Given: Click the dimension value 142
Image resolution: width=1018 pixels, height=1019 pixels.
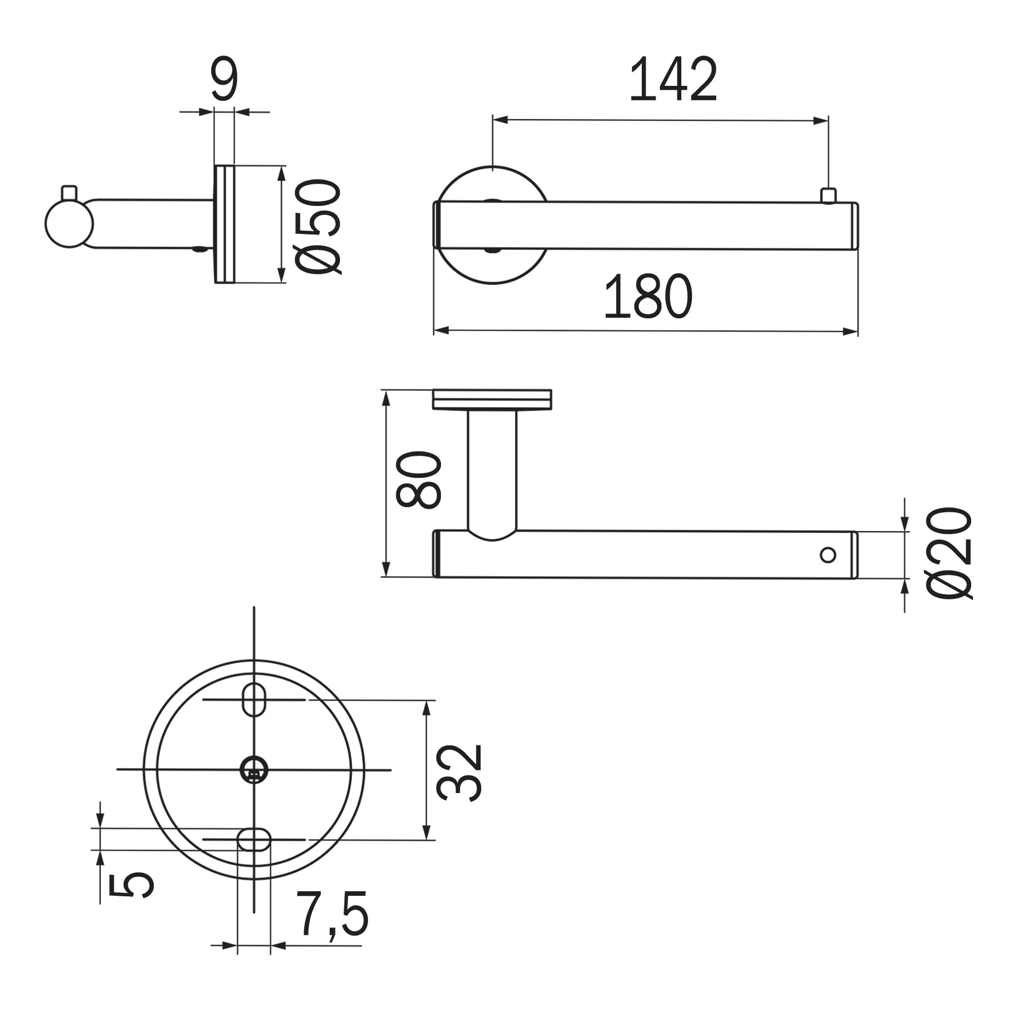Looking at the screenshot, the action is pos(673,79).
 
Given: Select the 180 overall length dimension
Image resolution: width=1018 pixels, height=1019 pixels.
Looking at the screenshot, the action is pos(648,296).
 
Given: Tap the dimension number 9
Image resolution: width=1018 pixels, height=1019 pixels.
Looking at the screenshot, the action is pos(224,78).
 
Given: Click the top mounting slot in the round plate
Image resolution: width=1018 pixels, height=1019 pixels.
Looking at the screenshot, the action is pos(254,700).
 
